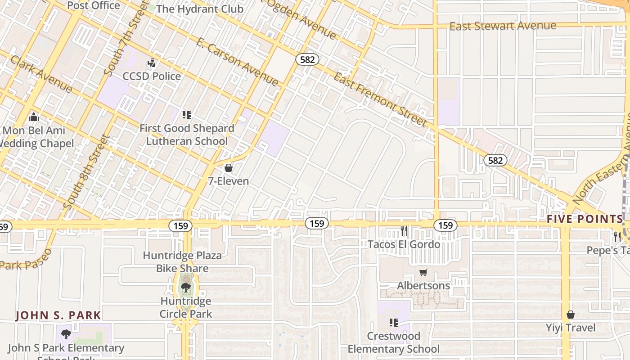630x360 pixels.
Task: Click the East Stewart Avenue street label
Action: pyautogui.click(x=503, y=26)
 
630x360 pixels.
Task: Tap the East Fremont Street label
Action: pyautogui.click(x=380, y=99)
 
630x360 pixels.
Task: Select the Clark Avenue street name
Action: pyautogui.click(x=41, y=74)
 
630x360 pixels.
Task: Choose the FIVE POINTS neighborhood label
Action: pyautogui.click(x=585, y=219)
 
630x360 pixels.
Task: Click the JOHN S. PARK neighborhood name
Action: pyautogui.click(x=58, y=315)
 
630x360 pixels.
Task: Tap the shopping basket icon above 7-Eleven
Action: pyautogui.click(x=229, y=168)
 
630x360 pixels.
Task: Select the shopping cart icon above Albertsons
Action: pyautogui.click(x=423, y=272)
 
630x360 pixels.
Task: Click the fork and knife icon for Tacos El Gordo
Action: pyautogui.click(x=404, y=231)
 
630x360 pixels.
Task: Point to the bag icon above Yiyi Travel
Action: pyautogui.click(x=571, y=314)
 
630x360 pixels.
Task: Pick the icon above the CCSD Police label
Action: pyautogui.click(x=152, y=63)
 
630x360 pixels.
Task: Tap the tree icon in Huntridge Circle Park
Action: pyautogui.click(x=185, y=287)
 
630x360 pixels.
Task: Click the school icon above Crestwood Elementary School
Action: pyautogui.click(x=394, y=323)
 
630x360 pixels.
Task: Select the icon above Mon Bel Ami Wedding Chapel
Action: pyautogui.click(x=34, y=117)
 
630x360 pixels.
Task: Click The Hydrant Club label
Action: pyautogui.click(x=199, y=9)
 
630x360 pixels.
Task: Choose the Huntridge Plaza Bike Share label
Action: pyautogui.click(x=182, y=262)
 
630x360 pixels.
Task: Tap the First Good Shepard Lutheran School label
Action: pyautogui.click(x=187, y=135)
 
